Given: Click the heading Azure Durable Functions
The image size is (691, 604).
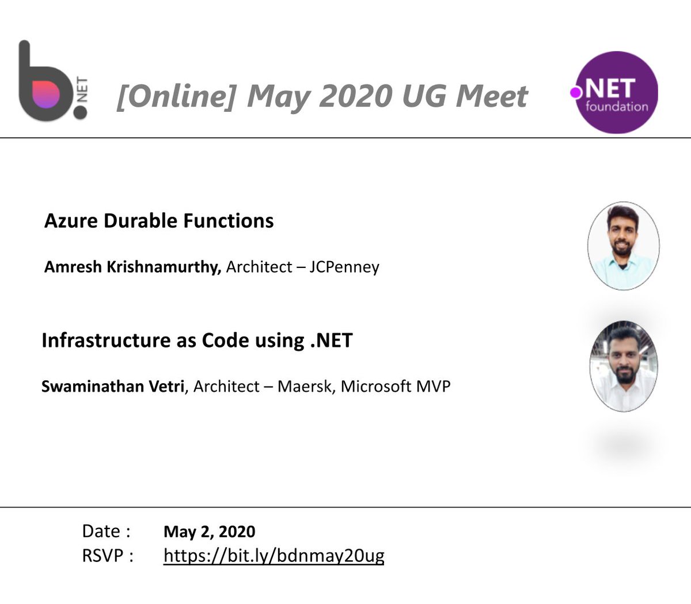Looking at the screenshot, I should tap(159, 221).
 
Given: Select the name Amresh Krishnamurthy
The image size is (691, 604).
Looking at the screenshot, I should tap(132, 267).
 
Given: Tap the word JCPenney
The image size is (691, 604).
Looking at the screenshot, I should tap(344, 267).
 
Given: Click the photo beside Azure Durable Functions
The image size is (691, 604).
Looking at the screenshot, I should tap(623, 246).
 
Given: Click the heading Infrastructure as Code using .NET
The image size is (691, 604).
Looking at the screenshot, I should tap(197, 340).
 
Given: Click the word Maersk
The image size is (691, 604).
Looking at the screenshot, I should tap(304, 386).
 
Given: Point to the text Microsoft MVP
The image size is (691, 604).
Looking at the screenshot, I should tap(395, 386).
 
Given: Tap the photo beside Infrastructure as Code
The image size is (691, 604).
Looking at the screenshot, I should tap(623, 367).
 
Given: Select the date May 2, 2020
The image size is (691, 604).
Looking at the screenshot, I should tap(209, 531).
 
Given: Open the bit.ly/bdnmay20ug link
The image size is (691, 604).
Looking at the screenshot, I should tap(274, 556).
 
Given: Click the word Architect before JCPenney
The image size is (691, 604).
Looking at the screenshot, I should tap(259, 267).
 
